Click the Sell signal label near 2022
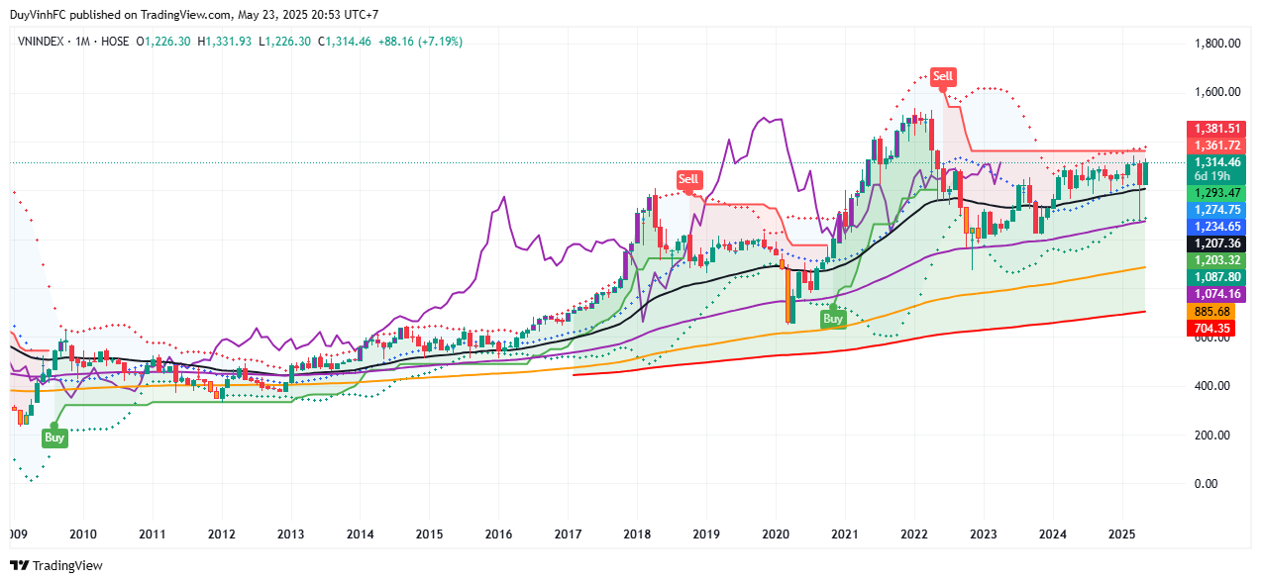[x=943, y=76]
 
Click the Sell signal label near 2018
[x=688, y=179]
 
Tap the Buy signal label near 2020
[x=833, y=319]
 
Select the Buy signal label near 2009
[x=54, y=437]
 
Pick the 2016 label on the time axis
[x=498, y=534]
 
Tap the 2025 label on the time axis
[x=1121, y=534]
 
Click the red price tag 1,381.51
[x=1216, y=129]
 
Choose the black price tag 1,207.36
[x=1216, y=243]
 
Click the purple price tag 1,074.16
[x=1216, y=294]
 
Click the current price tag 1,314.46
[x=1216, y=162]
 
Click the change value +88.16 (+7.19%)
[x=420, y=42]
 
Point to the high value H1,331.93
[x=225, y=42]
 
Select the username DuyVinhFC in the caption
[x=38, y=15]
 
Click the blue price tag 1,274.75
[x=1216, y=209]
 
